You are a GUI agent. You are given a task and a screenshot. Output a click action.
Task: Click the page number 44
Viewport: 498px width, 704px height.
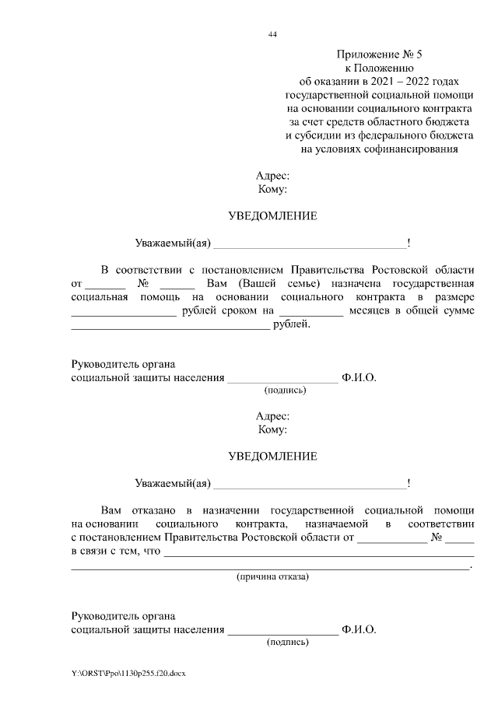click(x=272, y=34)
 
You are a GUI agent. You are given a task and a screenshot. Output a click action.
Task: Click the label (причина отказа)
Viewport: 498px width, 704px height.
click(x=272, y=577)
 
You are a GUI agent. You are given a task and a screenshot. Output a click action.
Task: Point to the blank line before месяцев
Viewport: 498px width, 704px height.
click(x=310, y=313)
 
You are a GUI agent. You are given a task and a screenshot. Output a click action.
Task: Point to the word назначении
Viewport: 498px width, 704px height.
click(x=232, y=510)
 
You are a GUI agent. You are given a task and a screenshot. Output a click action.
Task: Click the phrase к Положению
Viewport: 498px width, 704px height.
click(x=379, y=68)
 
